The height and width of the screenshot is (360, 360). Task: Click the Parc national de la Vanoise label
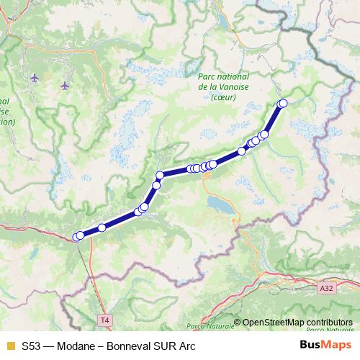click(x=224, y=81)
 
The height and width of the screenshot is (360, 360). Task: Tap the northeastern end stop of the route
click(x=282, y=103)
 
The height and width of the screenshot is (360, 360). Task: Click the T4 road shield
click(x=106, y=319)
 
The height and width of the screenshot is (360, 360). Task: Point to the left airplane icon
click(x=35, y=76)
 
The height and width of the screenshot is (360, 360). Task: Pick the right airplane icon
click(x=65, y=86)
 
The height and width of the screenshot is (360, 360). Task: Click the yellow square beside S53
click(x=9, y=345)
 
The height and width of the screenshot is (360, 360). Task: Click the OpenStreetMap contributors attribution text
click(x=297, y=323)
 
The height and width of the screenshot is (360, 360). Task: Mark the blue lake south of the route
click(x=219, y=204)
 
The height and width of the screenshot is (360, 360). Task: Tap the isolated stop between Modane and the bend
click(x=102, y=228)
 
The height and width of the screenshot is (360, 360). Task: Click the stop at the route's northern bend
click(x=160, y=175)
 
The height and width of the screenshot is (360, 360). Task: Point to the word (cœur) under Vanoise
click(x=224, y=98)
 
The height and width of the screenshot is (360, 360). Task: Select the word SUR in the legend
click(x=167, y=345)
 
